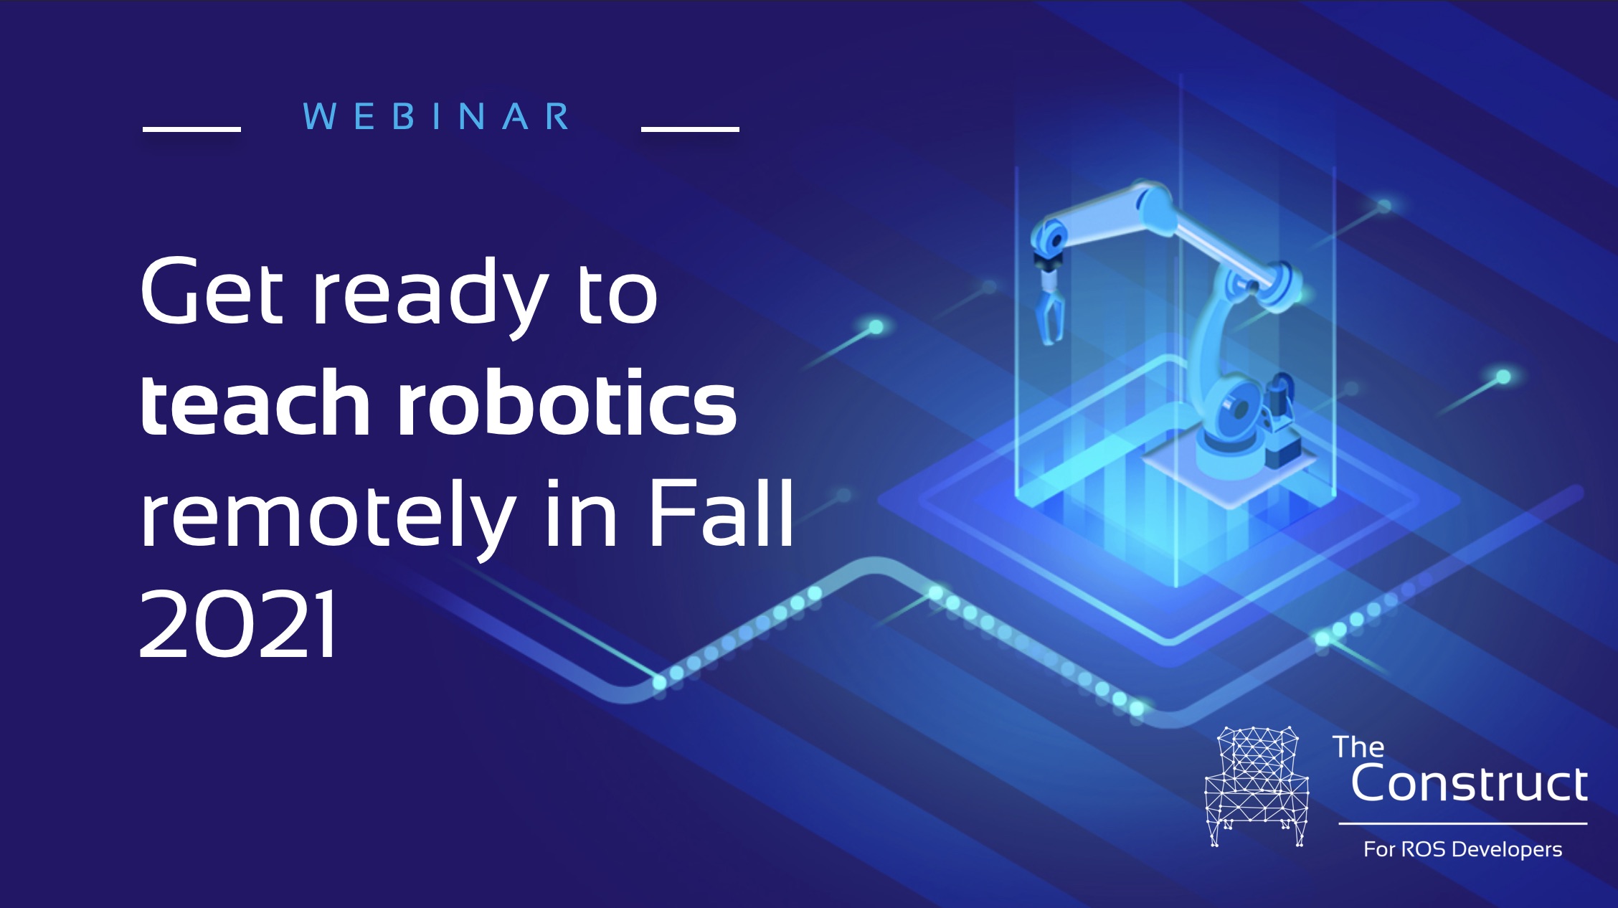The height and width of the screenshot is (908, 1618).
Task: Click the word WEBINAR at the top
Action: tap(437, 116)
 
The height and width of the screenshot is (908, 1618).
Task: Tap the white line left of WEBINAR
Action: tap(191, 129)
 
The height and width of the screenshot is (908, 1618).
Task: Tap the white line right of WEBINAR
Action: tap(690, 129)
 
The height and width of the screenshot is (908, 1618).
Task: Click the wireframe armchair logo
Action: tap(1257, 786)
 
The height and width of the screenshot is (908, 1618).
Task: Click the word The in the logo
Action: tap(1358, 747)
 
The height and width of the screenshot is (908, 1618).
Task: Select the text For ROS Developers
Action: tap(1463, 849)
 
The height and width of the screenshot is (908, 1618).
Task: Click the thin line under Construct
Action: tap(1463, 824)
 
